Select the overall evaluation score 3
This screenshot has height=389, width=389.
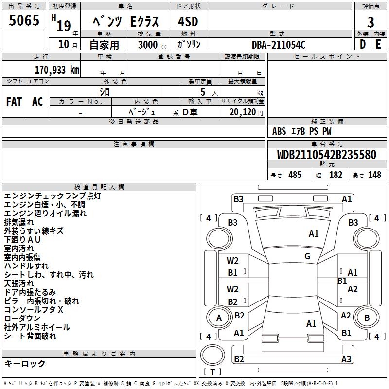pos(371,22)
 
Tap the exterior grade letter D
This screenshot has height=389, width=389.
pos(362,44)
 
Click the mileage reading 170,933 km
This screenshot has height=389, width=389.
pos(57,70)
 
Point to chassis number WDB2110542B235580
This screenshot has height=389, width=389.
pos(327,155)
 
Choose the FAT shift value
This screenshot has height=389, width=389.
pos(14,102)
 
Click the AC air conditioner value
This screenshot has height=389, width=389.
pos(37,102)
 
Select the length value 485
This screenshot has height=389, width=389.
pos(295,175)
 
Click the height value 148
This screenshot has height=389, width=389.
pos(374,175)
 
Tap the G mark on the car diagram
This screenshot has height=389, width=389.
pos(307,256)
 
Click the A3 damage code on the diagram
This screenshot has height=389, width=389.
pos(346,359)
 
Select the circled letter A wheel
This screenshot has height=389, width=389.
pos(219,318)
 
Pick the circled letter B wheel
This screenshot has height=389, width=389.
pos(367,318)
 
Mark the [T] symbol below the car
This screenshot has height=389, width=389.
pos(212,372)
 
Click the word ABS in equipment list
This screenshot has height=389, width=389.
pos(279,131)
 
